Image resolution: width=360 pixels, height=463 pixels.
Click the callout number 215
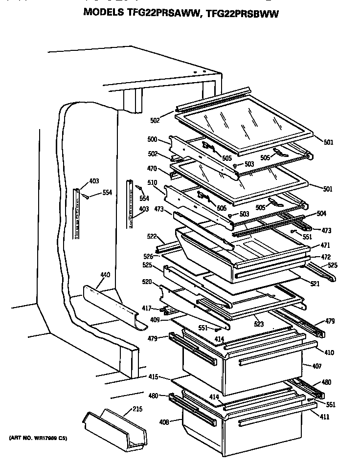(x=137, y=409)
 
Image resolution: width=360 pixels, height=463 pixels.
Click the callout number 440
(x=105, y=275)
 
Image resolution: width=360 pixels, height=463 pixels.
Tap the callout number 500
(x=152, y=139)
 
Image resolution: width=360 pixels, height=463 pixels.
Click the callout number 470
(x=152, y=169)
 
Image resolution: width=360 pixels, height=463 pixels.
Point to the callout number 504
(x=321, y=214)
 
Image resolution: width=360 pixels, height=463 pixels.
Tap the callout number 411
(x=324, y=417)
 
